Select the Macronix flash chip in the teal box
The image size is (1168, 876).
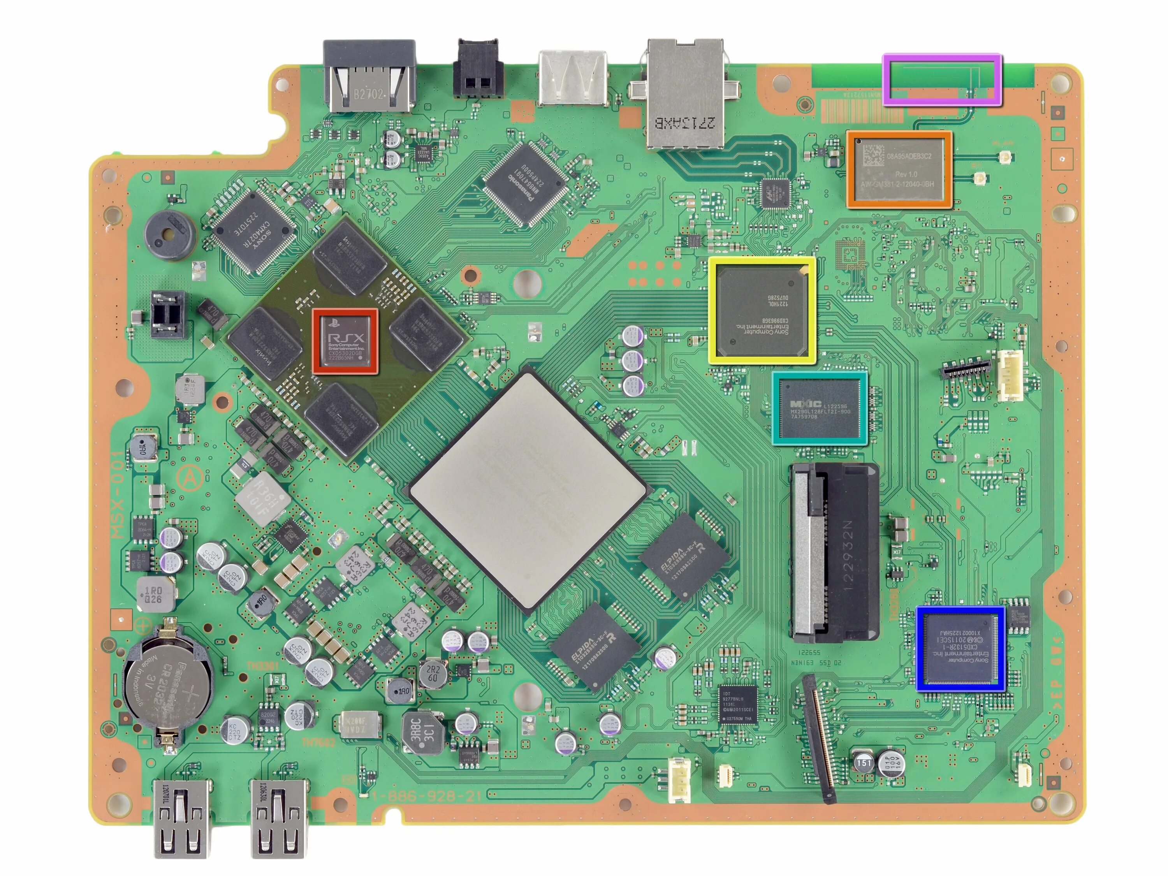(x=820, y=408)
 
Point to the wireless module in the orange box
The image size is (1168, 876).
(x=899, y=169)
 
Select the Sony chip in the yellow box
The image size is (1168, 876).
(x=762, y=310)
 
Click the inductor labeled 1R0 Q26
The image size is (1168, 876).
(x=153, y=595)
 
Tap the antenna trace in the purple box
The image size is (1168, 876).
(x=942, y=80)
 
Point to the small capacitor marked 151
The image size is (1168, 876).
(x=864, y=762)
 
